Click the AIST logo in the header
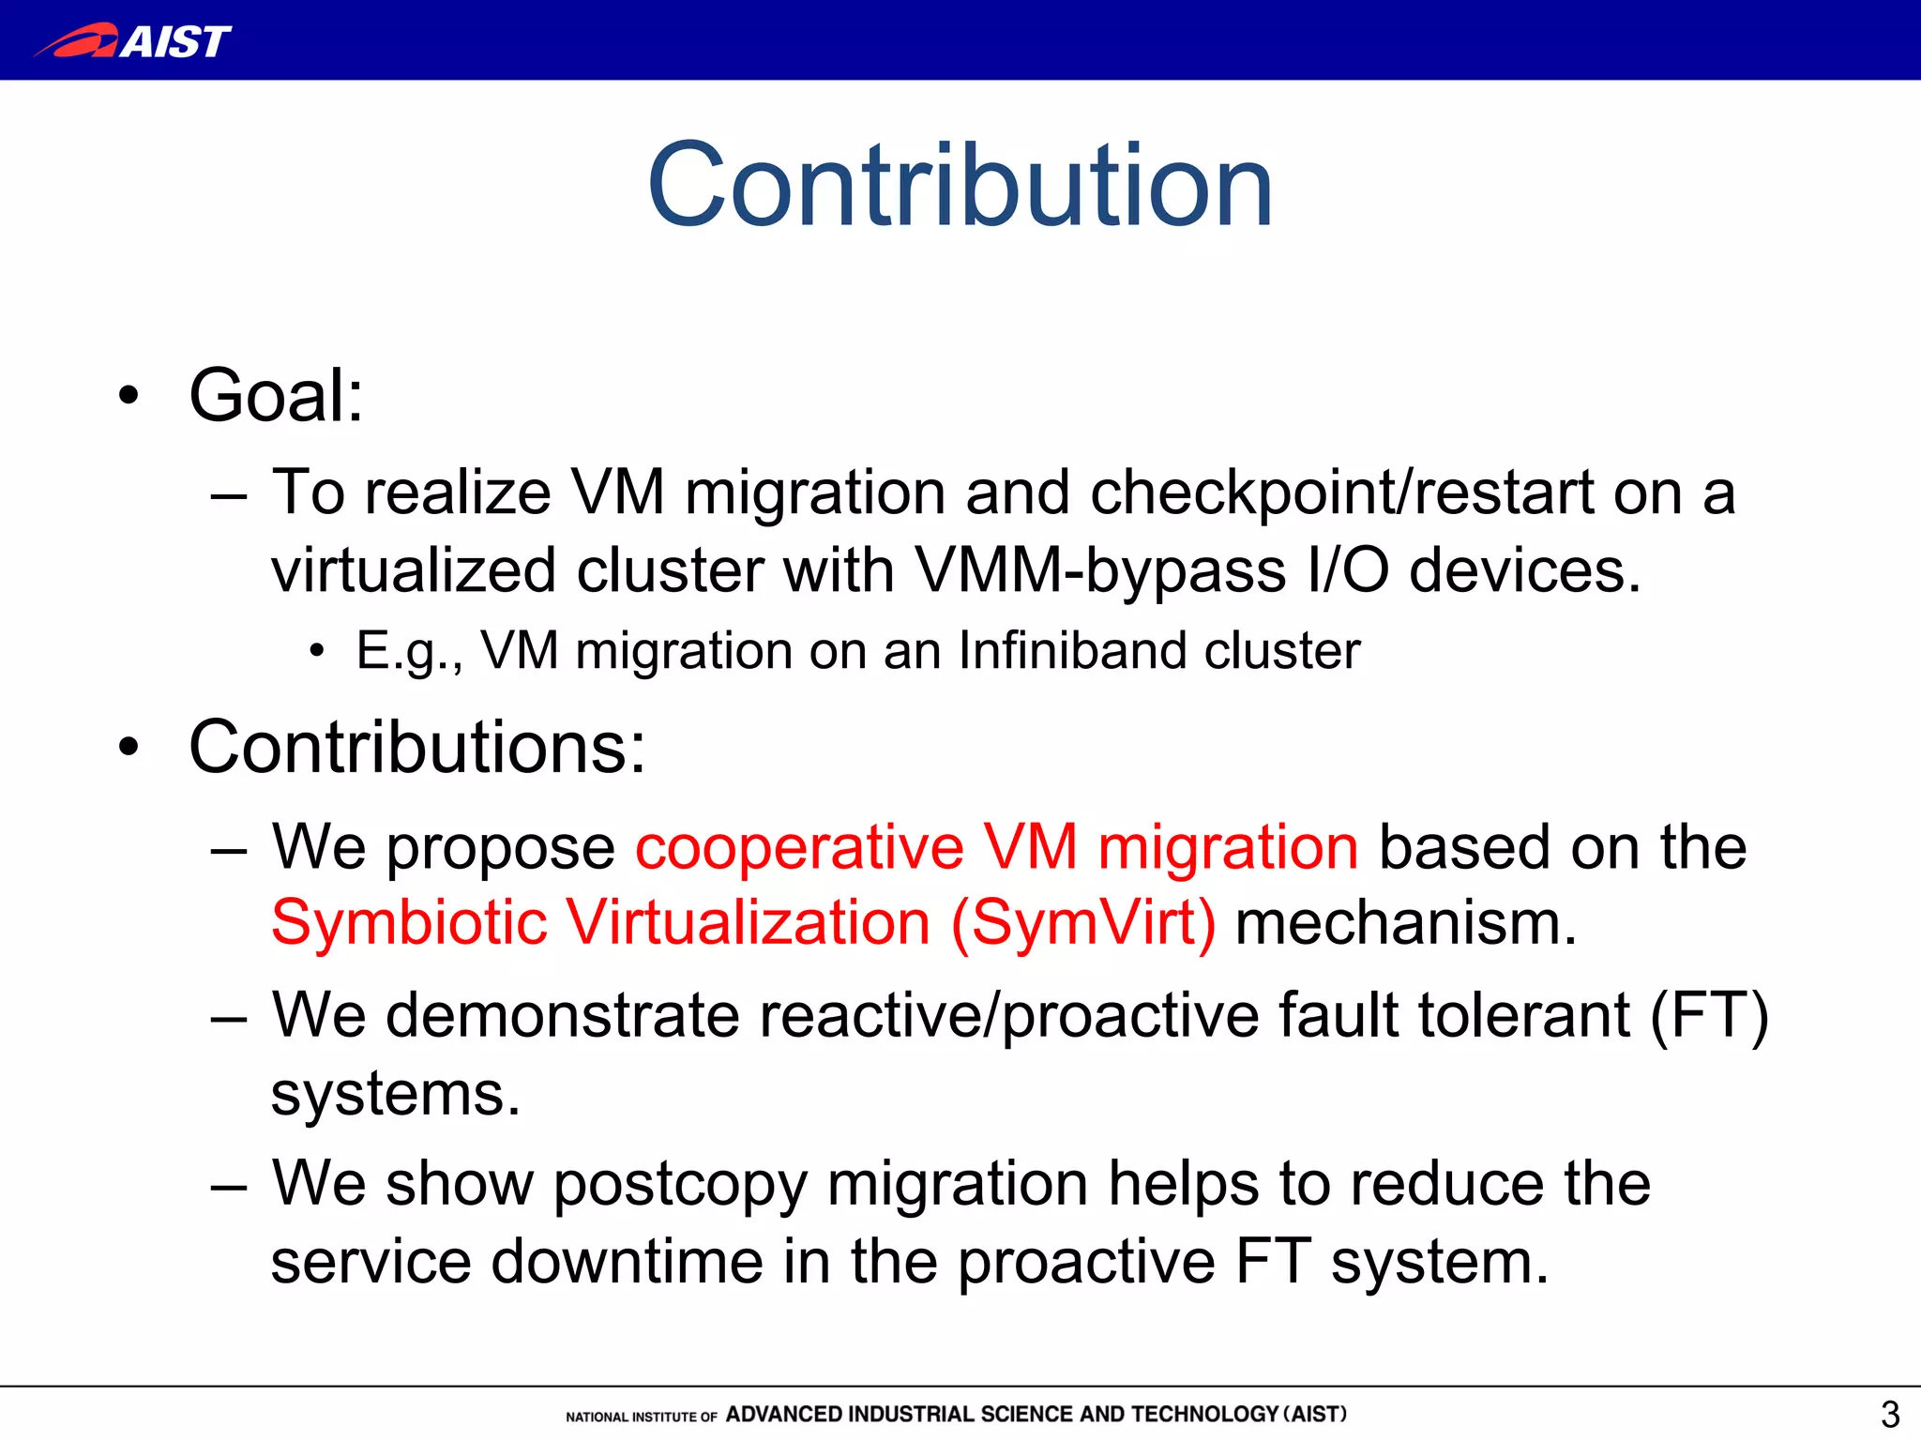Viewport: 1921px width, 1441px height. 133,41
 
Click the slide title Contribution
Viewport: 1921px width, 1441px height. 960,185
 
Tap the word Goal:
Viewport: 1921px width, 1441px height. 276,396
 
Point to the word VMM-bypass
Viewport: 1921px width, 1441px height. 1100,570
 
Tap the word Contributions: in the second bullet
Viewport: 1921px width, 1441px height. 417,748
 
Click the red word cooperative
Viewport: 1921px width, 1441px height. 799,847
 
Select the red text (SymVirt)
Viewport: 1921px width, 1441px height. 1083,923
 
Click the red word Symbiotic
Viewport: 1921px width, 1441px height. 409,923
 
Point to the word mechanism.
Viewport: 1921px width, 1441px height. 1405,923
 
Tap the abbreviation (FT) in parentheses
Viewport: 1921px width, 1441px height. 1709,1016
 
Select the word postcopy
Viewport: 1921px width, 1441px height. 680,1185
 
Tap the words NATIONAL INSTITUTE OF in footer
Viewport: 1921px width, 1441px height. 642,1417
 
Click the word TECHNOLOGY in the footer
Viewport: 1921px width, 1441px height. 1204,1414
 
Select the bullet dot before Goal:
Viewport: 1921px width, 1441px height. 129,396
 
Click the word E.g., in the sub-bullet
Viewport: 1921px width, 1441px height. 409,650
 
